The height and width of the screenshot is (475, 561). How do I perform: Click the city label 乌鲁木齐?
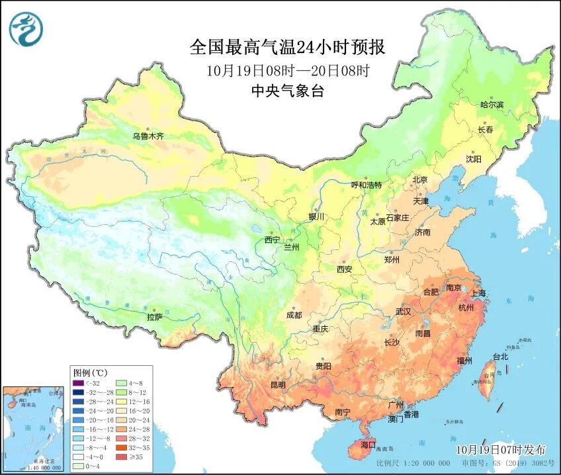pos(147,136)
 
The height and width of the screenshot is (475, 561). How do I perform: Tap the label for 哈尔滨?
pos(492,105)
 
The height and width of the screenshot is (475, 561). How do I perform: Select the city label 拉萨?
pos(154,317)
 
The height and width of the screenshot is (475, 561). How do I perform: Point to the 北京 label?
pos(420,180)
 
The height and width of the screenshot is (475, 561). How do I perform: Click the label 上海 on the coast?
pos(478,293)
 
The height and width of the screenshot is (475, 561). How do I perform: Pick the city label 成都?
pos(294,315)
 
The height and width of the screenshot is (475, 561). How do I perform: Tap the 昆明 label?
pos(278,384)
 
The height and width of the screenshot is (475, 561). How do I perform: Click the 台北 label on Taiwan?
pos(501,357)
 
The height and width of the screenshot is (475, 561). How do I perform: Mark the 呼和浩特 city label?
pos(367,185)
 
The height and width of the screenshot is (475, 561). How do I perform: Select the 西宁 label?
pos(272,239)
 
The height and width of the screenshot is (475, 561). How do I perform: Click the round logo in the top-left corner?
pos(26,30)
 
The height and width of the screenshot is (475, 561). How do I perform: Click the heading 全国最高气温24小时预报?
pos(287,47)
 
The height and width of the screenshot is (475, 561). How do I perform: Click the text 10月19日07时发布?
pos(501,449)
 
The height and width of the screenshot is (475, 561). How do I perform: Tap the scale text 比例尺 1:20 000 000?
pos(410,462)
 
